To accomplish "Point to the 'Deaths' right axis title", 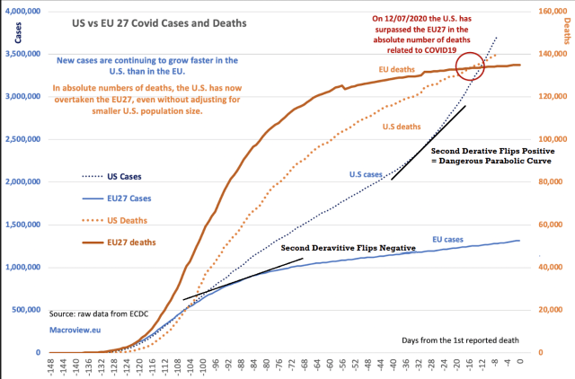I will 566,29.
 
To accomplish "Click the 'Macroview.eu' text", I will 75,331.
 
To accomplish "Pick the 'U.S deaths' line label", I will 396,127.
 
